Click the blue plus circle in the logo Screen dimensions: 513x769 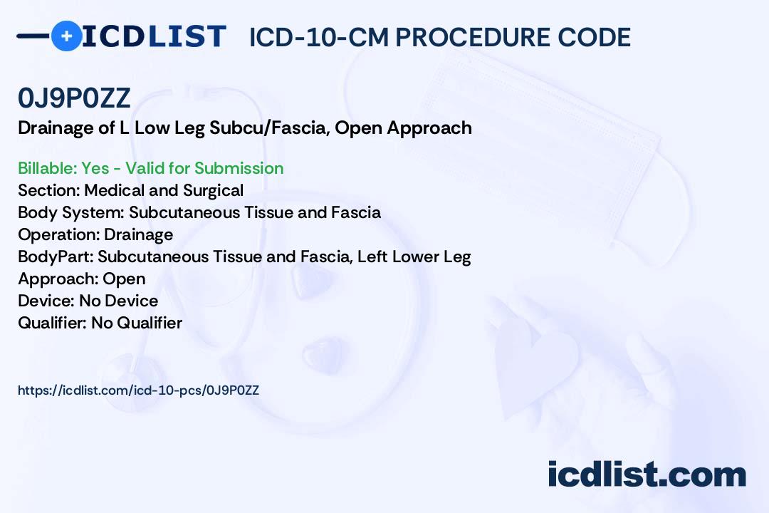(66, 36)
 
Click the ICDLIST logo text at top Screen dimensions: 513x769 (154, 36)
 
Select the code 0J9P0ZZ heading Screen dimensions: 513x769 (74, 99)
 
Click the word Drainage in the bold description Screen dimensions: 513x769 (55, 128)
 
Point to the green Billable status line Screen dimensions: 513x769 (150, 168)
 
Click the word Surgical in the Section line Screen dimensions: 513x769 (214, 190)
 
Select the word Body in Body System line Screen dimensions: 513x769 (33, 212)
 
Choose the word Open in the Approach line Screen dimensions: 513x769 (124, 279)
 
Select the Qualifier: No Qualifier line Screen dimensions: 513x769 (100, 323)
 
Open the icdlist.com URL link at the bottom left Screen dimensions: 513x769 (138, 390)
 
